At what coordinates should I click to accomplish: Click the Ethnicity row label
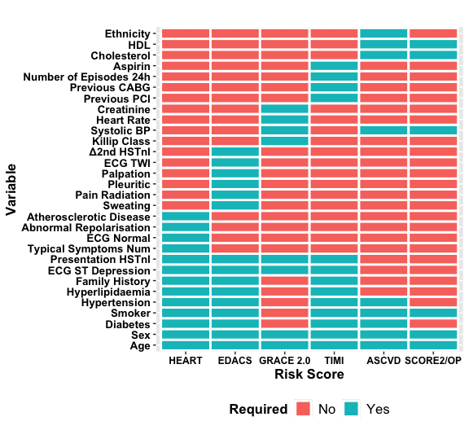point(126,33)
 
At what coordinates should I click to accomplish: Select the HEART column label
point(186,360)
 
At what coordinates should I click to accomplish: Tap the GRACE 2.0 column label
point(284,360)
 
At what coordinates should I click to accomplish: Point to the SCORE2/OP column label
point(433,360)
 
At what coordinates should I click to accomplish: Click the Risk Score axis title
point(309,375)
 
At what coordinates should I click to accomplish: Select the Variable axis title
point(11,189)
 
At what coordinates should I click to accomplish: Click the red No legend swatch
point(305,409)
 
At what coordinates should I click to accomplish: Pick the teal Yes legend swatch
point(352,409)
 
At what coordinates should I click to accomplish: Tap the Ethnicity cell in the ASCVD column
point(383,33)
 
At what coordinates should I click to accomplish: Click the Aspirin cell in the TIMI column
point(334,66)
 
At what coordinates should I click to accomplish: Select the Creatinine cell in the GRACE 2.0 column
point(284,109)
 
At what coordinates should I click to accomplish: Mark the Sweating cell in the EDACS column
point(235,206)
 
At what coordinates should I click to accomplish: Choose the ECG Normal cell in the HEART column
point(186,238)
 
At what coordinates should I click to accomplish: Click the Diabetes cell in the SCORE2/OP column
point(433,324)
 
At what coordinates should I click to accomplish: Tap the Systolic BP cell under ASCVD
point(383,130)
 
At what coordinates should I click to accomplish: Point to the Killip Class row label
point(121,141)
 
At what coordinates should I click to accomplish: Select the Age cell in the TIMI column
point(334,345)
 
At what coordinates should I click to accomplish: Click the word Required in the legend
point(258,409)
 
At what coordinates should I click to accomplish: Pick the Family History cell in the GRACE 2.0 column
point(284,281)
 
